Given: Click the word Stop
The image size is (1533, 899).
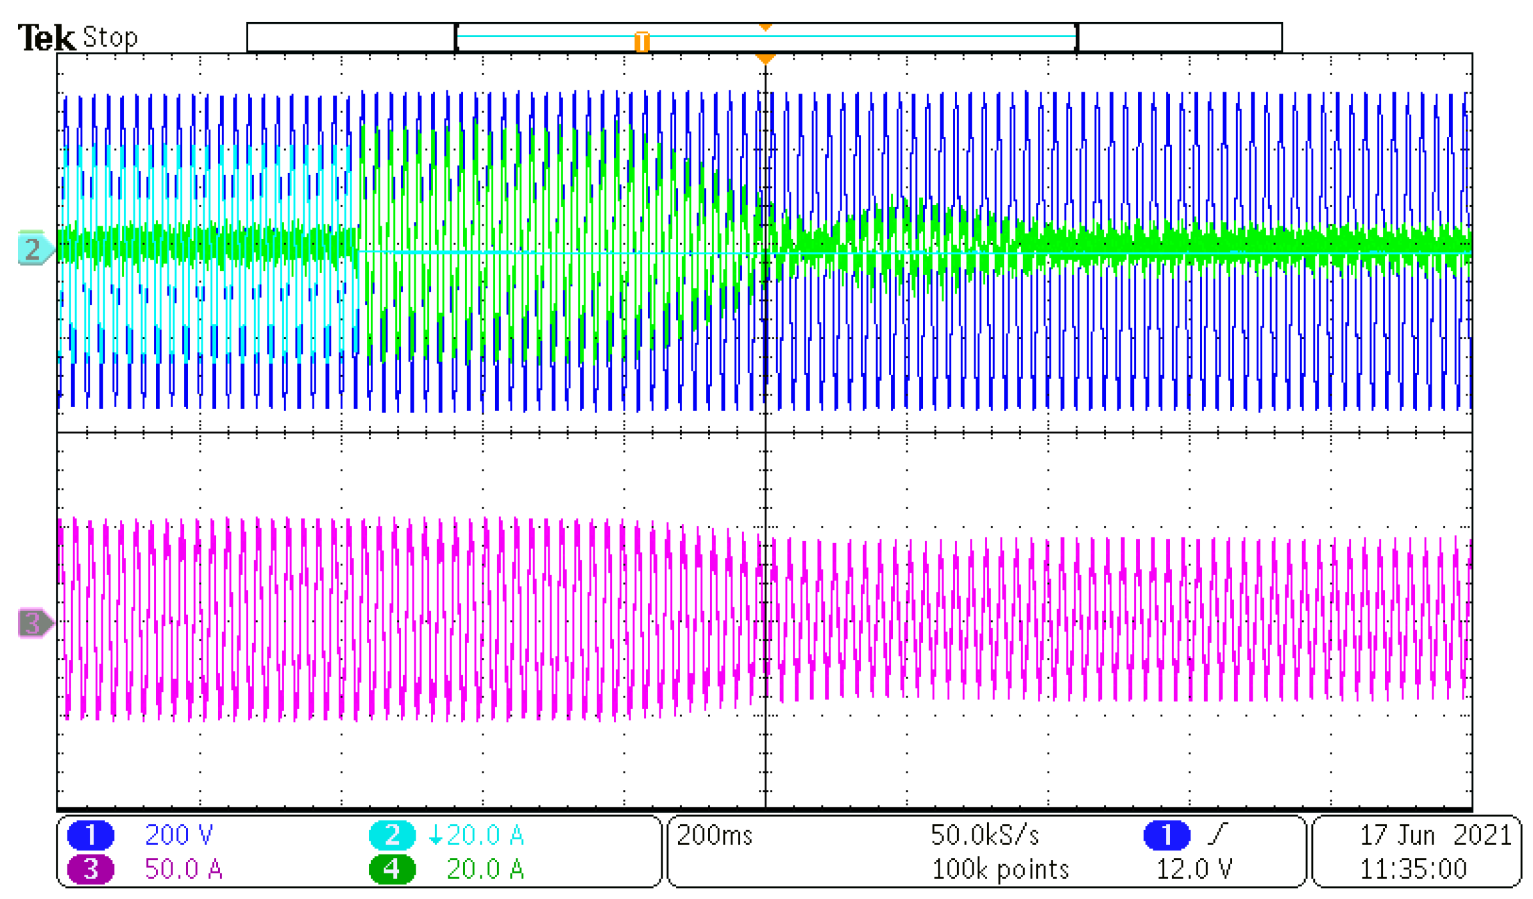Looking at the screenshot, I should point(110,37).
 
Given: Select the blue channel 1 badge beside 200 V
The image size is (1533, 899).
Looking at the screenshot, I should point(90,834).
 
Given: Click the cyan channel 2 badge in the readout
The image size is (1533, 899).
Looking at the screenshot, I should point(391,834).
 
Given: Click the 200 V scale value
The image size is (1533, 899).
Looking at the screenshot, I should point(178,834).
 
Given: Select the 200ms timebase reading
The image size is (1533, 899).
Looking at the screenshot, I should point(713,834).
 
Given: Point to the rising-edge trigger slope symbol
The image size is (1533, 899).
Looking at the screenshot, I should point(1217,834).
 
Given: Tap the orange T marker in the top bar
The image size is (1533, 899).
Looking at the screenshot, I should point(641,42).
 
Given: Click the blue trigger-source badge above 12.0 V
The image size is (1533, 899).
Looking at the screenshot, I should point(1165,834).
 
